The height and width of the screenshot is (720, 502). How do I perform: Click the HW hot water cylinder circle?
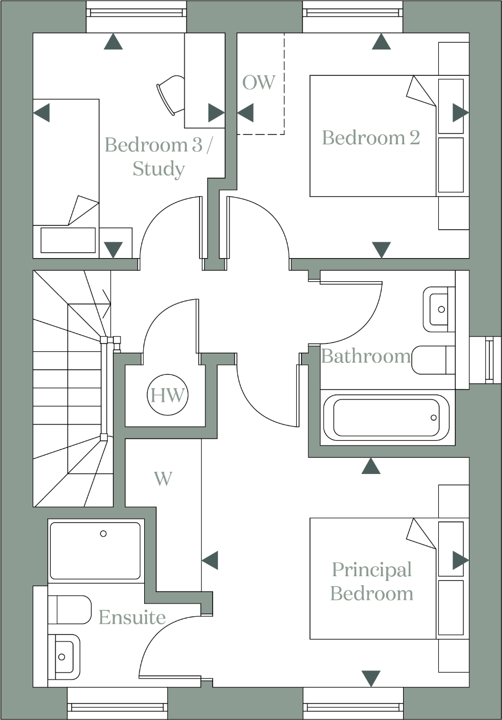tap(167, 394)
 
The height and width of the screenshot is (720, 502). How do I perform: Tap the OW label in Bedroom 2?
tap(258, 83)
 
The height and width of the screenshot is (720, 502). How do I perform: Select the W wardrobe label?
tap(163, 479)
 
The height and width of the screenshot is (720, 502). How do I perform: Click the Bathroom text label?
tap(366, 357)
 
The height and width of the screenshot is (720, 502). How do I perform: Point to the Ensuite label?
tap(132, 617)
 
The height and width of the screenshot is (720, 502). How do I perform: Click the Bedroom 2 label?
tap(370, 138)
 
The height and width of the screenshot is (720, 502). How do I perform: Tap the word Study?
tap(158, 169)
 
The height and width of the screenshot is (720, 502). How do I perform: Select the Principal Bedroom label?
tap(372, 581)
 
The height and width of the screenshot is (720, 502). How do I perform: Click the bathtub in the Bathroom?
tap(386, 418)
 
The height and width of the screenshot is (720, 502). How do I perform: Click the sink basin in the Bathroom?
tap(439, 309)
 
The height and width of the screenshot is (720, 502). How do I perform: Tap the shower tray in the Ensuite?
tap(95, 550)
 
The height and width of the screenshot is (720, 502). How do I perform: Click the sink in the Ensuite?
tap(64, 656)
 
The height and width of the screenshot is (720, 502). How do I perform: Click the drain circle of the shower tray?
tap(103, 534)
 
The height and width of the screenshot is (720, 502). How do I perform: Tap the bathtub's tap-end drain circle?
tap(434, 418)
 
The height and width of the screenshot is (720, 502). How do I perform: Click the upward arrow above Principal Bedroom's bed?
tap(371, 466)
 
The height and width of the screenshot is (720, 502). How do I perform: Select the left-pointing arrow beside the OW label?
tap(245, 113)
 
